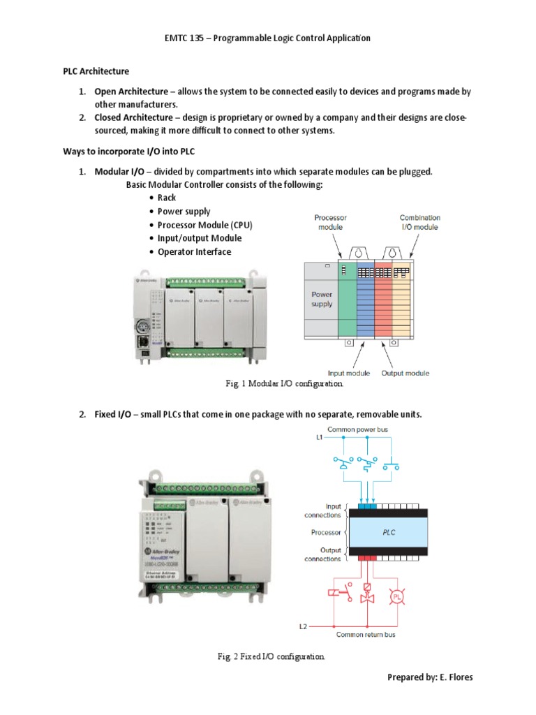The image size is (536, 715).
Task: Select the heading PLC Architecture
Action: click(92, 71)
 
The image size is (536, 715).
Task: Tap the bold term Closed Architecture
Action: click(133, 117)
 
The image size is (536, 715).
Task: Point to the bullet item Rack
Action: click(167, 198)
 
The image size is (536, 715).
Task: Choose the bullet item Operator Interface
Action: click(194, 251)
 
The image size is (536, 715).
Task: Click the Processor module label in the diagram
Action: click(330, 222)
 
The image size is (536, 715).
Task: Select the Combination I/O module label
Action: click(419, 222)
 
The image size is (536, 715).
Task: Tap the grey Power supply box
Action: click(321, 300)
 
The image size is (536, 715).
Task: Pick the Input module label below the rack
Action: click(349, 374)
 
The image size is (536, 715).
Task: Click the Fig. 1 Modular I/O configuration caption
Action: click(284, 384)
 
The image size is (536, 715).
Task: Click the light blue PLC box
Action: click(389, 532)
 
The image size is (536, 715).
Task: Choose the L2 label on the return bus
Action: click(303, 626)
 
